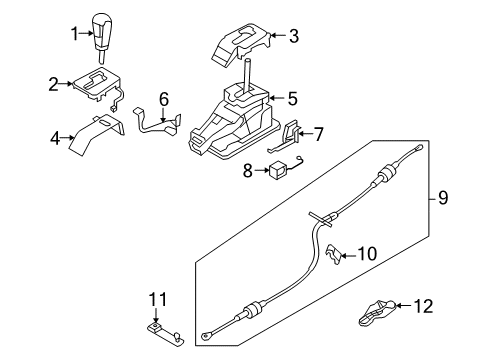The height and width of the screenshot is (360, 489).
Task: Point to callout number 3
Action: tap(292, 38)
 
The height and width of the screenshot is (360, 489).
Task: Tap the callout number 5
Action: tap(292, 98)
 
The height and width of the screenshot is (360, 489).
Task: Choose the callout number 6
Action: tap(163, 99)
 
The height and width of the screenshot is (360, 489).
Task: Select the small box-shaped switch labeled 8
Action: tap(278, 170)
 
